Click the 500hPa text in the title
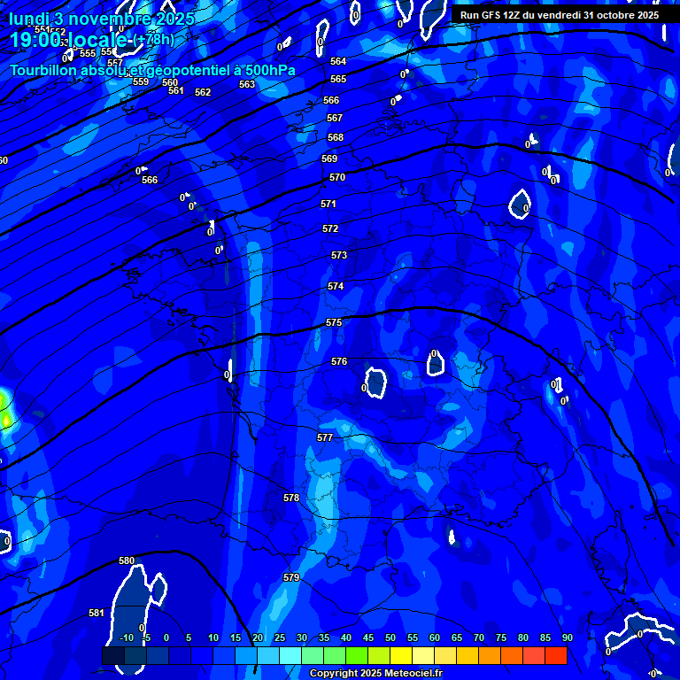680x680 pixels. click(265, 70)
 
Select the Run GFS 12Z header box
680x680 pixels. click(560, 15)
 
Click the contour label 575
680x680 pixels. click(334, 323)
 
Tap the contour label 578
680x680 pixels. click(291, 498)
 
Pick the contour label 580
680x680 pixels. click(127, 561)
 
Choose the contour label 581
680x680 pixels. click(97, 614)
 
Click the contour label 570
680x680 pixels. click(337, 178)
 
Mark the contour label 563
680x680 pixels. click(247, 85)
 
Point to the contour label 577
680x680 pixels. click(325, 438)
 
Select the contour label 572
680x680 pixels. click(330, 229)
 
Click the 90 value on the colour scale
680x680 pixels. click(567, 638)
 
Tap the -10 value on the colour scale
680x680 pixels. click(126, 638)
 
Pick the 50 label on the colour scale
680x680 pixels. click(390, 638)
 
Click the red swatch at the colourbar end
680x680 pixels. click(555, 656)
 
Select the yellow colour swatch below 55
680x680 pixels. click(401, 656)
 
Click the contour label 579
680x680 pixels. click(291, 578)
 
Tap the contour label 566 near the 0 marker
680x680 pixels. click(150, 181)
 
